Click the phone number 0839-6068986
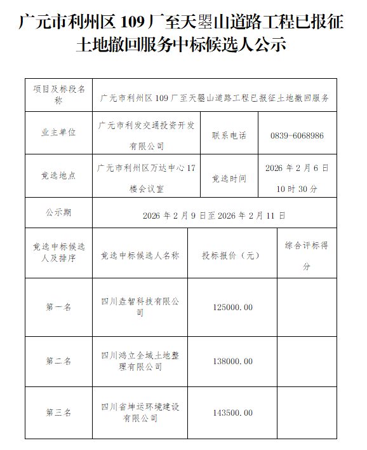coord(297,135)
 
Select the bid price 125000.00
coord(233,307)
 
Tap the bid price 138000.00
coord(233,361)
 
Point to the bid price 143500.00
coord(233,412)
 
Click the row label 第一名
coord(58,307)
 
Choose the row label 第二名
coord(58,361)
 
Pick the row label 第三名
coord(58,412)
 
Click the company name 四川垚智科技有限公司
coord(140,307)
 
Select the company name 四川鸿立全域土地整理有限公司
coord(140,361)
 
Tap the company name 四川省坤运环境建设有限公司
coord(140,412)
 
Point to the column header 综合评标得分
coord(306,256)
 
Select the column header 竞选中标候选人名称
coord(140,256)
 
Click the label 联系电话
coord(229,135)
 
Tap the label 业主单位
coord(58,133)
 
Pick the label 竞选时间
coord(229,179)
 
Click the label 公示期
coord(58,212)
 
